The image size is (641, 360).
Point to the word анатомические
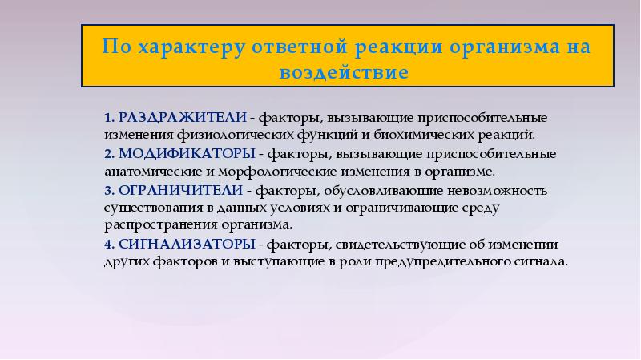144,170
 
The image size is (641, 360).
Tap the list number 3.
108,191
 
